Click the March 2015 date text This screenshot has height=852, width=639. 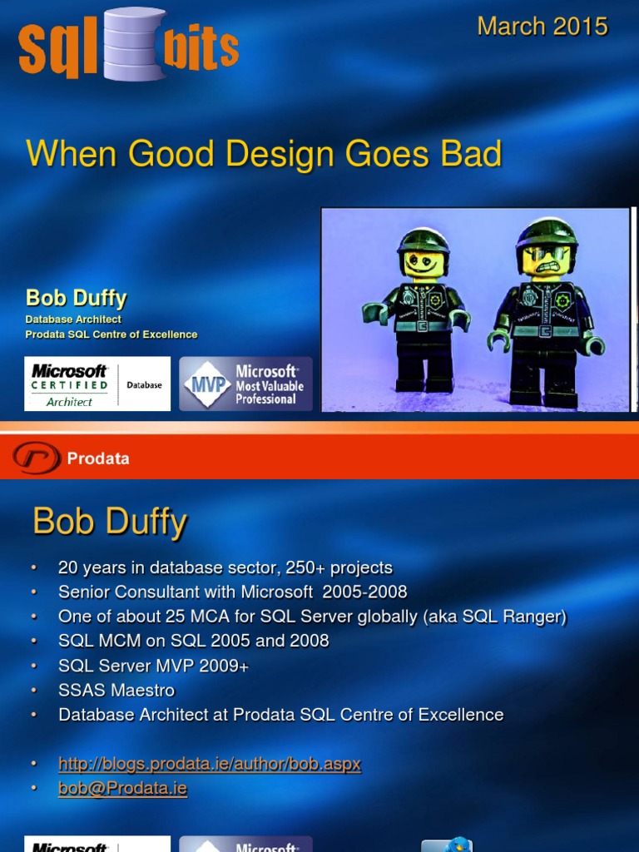542,27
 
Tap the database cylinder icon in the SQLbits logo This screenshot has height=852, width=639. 135,45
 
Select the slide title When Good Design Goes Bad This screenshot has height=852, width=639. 264,154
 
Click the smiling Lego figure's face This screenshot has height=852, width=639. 423,263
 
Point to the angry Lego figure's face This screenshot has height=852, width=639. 545,260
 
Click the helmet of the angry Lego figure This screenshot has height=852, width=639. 546,231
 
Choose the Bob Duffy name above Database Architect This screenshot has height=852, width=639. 76,298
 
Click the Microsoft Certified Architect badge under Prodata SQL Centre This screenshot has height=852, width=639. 97,384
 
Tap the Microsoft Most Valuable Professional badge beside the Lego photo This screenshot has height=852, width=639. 246,384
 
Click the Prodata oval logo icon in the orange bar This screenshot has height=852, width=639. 36,458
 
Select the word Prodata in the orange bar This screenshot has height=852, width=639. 98,458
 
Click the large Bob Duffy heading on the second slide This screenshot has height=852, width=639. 109,522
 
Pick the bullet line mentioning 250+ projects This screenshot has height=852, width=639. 225,568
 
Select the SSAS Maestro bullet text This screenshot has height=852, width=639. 116,690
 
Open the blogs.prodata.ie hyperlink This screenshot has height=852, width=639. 209,764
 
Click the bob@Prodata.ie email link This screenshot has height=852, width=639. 122,788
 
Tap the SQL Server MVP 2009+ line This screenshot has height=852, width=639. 153,666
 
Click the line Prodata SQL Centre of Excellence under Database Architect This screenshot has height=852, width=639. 111,334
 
